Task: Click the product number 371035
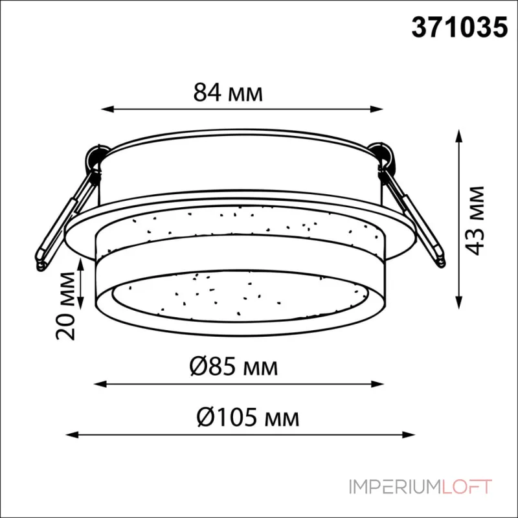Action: coord(459,27)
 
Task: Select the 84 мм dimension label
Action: coord(228,93)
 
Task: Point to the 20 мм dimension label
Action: coord(65,306)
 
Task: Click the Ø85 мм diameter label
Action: coord(234,367)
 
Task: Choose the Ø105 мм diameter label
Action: coord(248,417)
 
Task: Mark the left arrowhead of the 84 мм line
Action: coord(107,109)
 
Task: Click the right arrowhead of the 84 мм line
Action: coord(377,109)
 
